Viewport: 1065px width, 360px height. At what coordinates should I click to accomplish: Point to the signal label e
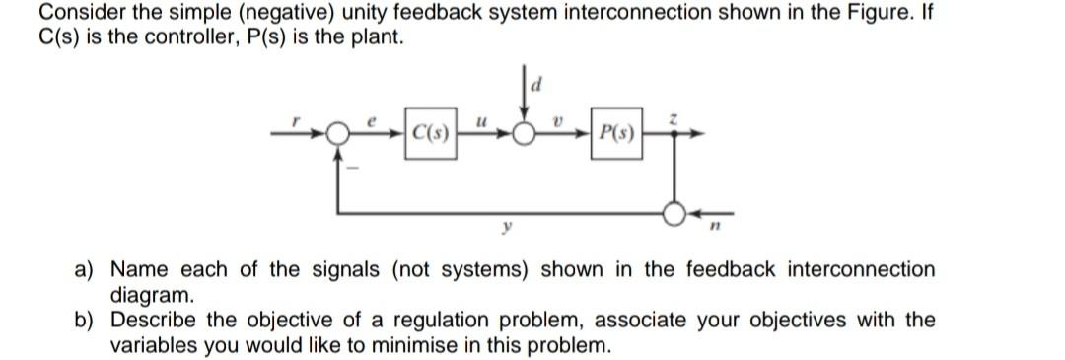tap(374, 117)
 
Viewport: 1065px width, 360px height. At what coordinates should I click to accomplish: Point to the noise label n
tap(709, 226)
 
